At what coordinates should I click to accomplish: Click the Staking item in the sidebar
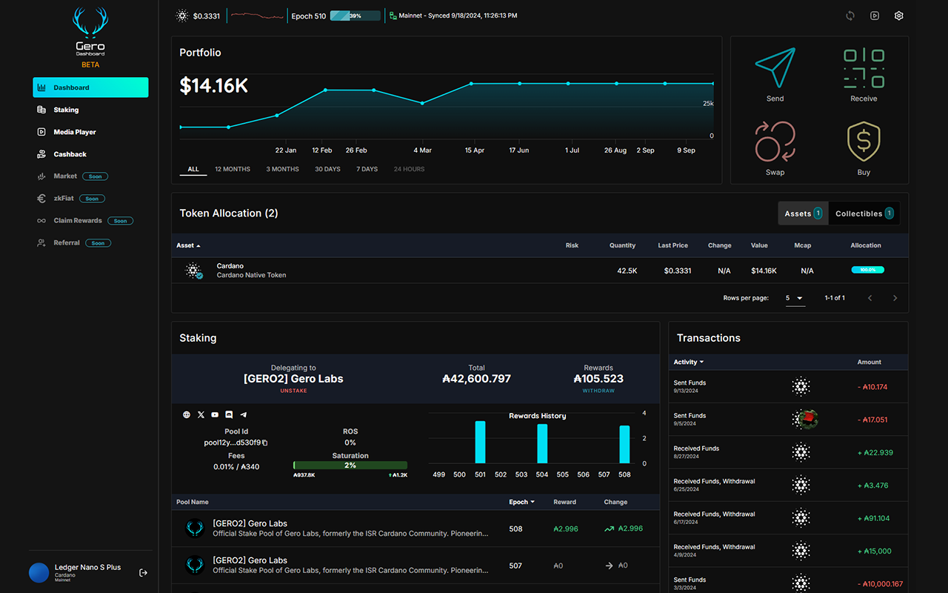[x=66, y=110]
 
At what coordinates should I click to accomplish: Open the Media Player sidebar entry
[x=74, y=132]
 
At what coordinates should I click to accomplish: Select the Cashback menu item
[x=70, y=154]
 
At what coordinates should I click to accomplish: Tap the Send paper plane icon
[x=775, y=69]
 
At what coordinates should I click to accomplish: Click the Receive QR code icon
[x=864, y=69]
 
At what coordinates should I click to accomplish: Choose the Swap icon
[x=775, y=142]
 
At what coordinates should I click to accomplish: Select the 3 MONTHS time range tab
[x=282, y=169]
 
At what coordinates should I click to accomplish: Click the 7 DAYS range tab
[x=367, y=169]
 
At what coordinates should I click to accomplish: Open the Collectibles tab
[x=864, y=213]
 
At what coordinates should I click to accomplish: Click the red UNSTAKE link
[x=293, y=391]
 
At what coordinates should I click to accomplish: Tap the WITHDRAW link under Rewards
[x=598, y=391]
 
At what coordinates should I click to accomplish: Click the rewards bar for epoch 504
[x=542, y=443]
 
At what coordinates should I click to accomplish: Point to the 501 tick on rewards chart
[x=480, y=474]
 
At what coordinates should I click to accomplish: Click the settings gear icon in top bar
[x=898, y=16]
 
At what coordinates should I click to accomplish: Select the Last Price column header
[x=672, y=245]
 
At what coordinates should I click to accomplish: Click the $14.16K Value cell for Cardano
[x=764, y=271]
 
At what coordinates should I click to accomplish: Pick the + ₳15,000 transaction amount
[x=878, y=551]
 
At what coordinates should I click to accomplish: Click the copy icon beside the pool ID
[x=264, y=443]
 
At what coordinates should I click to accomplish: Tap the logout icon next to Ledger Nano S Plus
[x=144, y=572]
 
